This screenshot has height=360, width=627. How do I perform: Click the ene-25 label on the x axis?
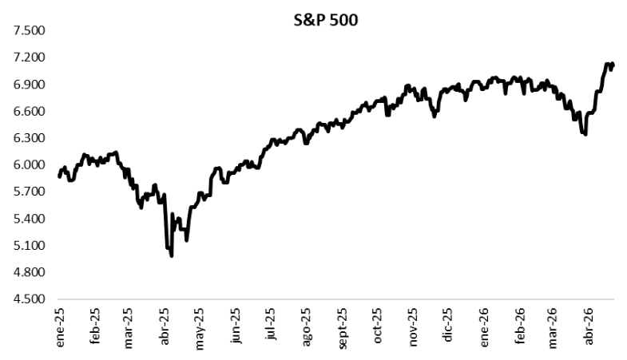(x=60, y=326)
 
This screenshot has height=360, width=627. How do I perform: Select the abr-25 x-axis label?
(x=166, y=326)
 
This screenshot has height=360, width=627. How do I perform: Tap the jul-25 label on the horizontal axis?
(x=272, y=326)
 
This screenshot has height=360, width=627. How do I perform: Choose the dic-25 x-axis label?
(x=449, y=326)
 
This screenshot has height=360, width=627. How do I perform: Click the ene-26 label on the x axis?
(x=484, y=326)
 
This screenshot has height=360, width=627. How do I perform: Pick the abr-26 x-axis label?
(x=590, y=326)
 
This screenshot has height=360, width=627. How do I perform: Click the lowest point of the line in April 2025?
(x=172, y=255)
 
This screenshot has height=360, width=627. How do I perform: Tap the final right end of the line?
(x=613, y=65)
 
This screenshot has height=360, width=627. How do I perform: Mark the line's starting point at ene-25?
(x=60, y=176)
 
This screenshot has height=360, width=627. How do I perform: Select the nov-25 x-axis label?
(x=413, y=326)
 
